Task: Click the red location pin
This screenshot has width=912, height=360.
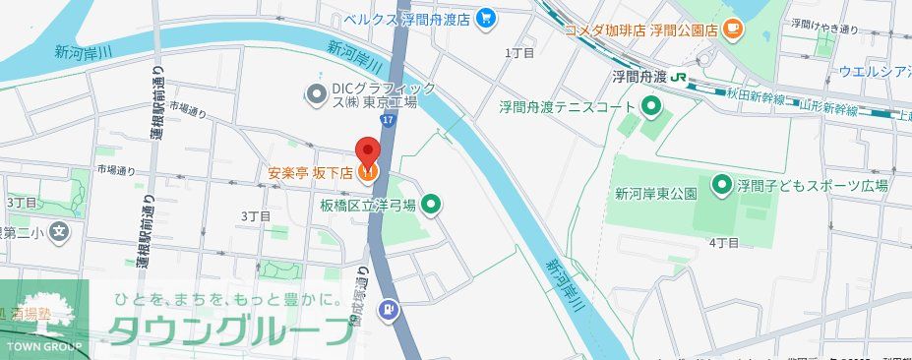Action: pos(367,152)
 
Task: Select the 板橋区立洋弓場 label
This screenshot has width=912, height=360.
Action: pos(366,206)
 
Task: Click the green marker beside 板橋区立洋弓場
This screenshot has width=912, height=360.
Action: pos(430,206)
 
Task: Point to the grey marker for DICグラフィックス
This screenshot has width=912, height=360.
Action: pos(316,94)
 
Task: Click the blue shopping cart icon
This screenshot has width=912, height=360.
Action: pos(484,18)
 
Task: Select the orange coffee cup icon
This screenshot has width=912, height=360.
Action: pos(731,30)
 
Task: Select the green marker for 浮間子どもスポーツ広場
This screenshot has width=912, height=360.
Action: pos(720,184)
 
